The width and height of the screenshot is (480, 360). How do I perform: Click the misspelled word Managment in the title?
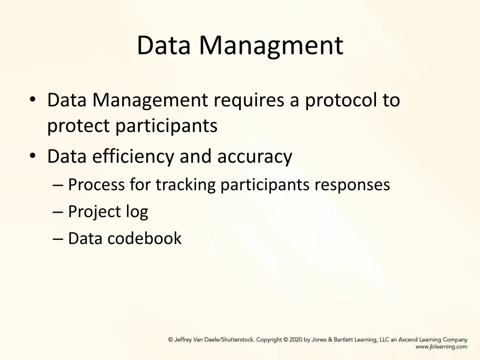271,46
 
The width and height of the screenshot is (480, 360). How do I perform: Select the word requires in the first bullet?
248,100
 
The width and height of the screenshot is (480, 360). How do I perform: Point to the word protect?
79,126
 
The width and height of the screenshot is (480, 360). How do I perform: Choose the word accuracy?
255,157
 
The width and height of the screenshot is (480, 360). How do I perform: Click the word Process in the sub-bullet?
97,185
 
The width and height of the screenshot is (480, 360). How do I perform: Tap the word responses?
352,185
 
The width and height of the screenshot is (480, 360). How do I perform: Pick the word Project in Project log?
94,212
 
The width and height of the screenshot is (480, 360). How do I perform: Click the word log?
136,212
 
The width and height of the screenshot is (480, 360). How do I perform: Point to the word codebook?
144,239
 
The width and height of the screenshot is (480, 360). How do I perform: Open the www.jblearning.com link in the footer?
441,347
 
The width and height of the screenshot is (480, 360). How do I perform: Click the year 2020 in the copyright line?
296,340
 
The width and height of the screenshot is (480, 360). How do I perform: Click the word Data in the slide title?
165,46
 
